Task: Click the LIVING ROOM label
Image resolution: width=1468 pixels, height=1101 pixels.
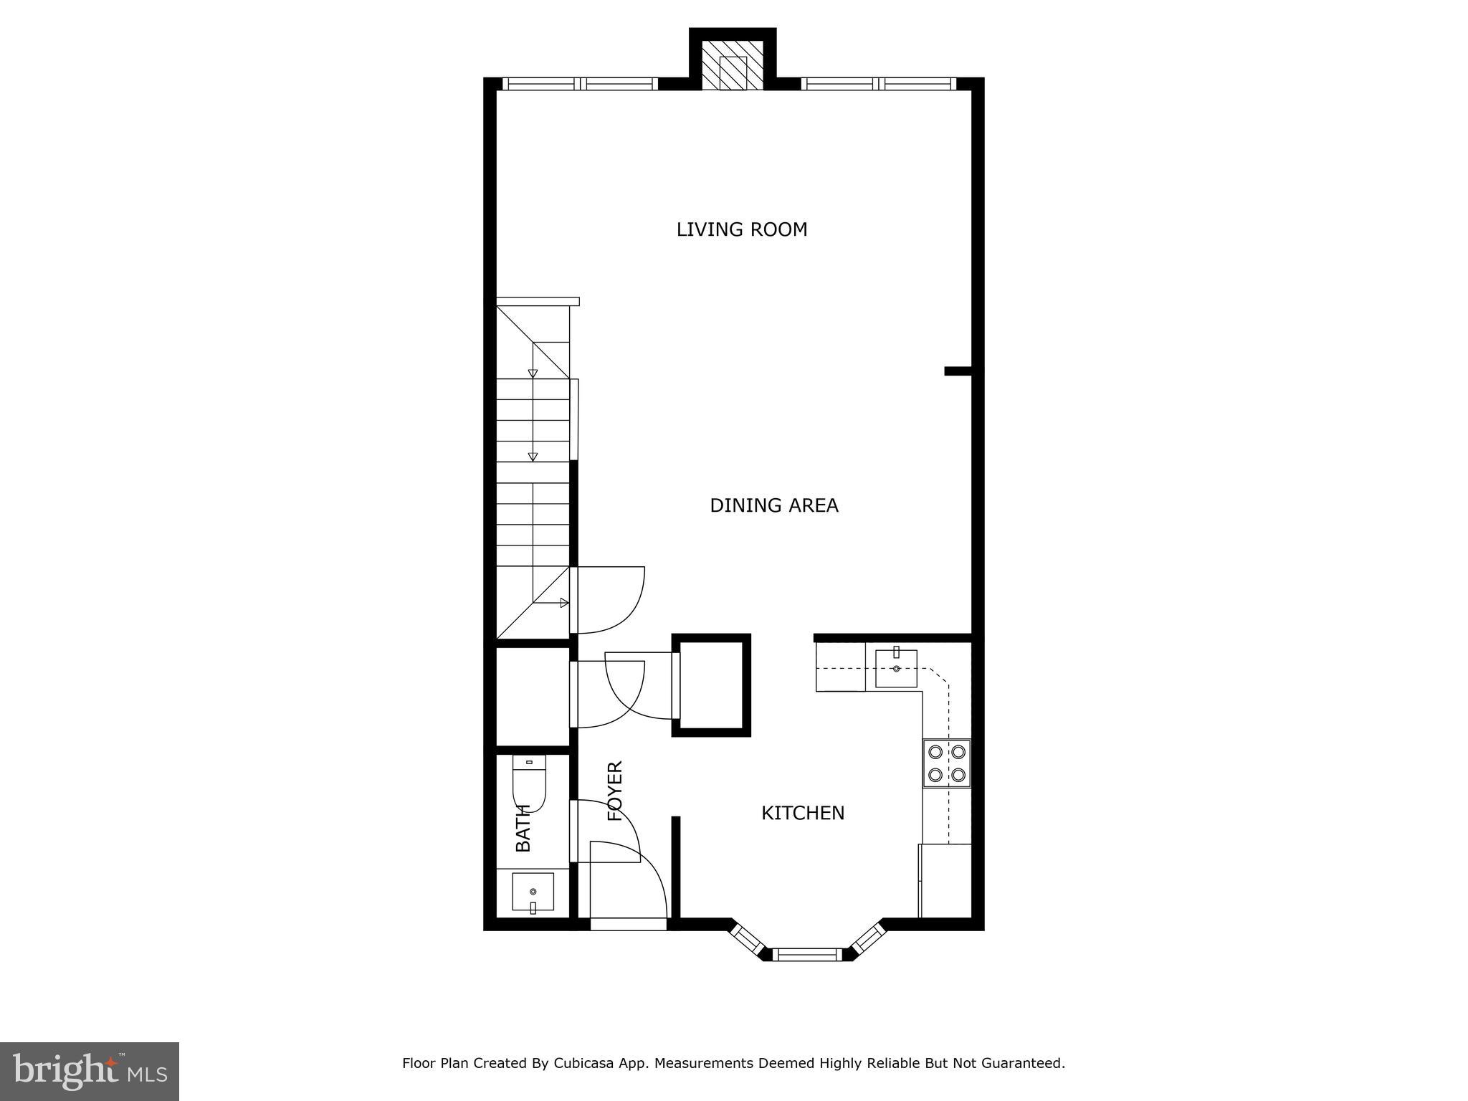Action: pyautogui.click(x=742, y=229)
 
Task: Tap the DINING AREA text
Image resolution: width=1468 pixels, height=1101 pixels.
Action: pyautogui.click(x=773, y=505)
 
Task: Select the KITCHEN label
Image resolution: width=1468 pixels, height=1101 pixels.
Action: pyautogui.click(x=802, y=813)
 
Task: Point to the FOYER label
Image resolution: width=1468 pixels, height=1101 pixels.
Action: pyautogui.click(x=615, y=791)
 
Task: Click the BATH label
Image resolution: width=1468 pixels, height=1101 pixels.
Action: pyautogui.click(x=523, y=828)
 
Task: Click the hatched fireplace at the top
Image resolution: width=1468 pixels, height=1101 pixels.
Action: pyautogui.click(x=733, y=72)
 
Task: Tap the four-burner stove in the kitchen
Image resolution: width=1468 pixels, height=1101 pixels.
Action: pyautogui.click(x=946, y=763)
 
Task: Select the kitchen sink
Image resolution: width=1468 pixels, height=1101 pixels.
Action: pyautogui.click(x=896, y=668)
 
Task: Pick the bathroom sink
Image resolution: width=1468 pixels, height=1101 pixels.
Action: pyautogui.click(x=533, y=892)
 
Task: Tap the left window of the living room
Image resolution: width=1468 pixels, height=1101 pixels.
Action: pyautogui.click(x=579, y=84)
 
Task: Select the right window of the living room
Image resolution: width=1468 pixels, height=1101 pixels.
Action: pyautogui.click(x=878, y=84)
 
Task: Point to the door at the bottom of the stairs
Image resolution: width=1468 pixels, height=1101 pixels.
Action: pyautogui.click(x=608, y=601)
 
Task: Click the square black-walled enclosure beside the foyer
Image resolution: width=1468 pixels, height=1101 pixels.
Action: pyautogui.click(x=711, y=685)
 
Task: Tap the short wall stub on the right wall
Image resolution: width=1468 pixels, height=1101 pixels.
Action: pyautogui.click(x=957, y=371)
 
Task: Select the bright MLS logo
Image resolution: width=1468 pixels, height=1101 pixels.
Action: pyautogui.click(x=89, y=1071)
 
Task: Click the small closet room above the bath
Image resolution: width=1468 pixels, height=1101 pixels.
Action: pyautogui.click(x=532, y=695)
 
